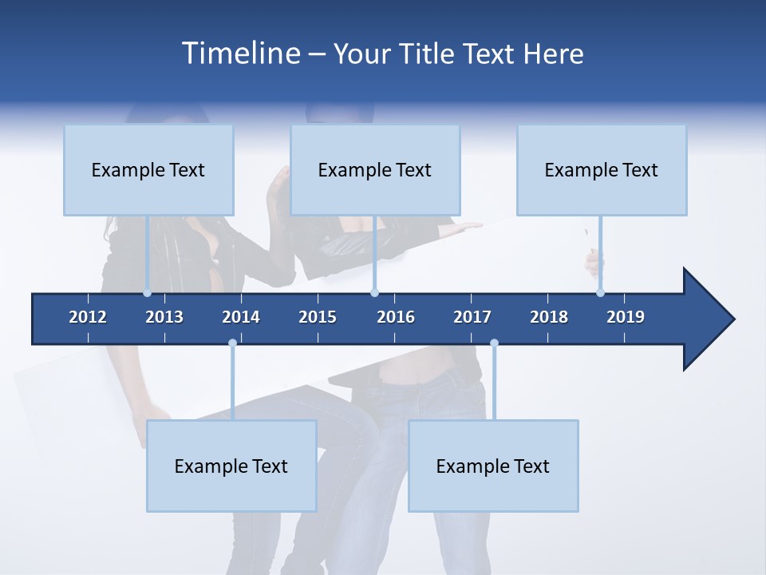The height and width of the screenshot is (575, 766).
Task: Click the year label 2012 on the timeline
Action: [x=88, y=317]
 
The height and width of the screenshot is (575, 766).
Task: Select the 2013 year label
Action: [x=164, y=317]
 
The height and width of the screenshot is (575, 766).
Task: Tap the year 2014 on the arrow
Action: [x=241, y=317]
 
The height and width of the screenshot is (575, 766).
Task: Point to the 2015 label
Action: [x=318, y=317]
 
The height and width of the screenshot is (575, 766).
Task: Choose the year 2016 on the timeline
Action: [x=396, y=317]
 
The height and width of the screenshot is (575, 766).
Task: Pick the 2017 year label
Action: [x=472, y=317]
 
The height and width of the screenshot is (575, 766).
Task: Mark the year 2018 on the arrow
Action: [x=549, y=317]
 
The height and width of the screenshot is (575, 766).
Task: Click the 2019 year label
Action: [x=626, y=317]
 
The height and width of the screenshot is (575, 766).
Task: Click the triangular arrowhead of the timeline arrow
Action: [x=706, y=319]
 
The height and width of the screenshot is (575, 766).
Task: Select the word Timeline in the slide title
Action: [x=240, y=54]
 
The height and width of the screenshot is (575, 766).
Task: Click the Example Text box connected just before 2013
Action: [x=148, y=170]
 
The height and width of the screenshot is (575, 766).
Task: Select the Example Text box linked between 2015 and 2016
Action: [x=375, y=170]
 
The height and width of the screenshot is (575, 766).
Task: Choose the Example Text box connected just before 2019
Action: [x=602, y=170]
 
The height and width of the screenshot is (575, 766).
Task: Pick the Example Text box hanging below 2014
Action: [x=231, y=466]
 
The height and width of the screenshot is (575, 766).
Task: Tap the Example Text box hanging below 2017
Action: [x=493, y=466]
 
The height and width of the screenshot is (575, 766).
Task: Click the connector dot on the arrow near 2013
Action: [x=148, y=293]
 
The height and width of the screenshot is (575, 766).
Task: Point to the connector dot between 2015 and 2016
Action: [x=374, y=293]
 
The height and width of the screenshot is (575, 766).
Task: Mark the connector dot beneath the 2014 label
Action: [x=232, y=343]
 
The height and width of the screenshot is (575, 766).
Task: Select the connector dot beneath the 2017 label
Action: [x=494, y=343]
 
